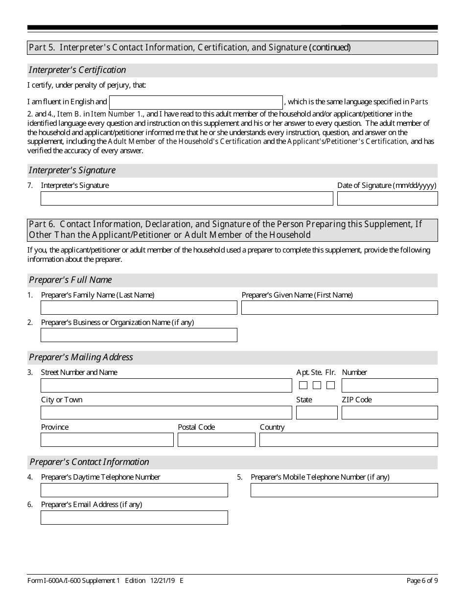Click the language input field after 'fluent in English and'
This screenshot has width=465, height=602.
click(196, 102)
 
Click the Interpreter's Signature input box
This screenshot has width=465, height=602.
click(186, 198)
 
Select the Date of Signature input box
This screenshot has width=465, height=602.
click(387, 198)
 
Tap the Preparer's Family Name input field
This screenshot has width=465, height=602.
click(139, 308)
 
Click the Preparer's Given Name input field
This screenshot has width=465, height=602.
click(339, 308)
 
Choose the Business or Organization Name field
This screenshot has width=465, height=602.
click(139, 335)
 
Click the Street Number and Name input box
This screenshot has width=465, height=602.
click(166, 385)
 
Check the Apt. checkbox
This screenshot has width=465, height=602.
click(303, 385)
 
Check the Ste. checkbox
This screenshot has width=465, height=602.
click(317, 385)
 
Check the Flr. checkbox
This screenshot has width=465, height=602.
click(331, 385)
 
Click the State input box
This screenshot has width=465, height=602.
click(317, 413)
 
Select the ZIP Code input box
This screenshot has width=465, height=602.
click(390, 413)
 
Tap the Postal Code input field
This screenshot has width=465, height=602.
click(216, 440)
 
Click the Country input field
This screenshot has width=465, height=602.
click(349, 440)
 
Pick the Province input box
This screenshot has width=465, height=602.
click(107, 440)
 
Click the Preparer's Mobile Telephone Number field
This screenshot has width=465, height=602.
click(344, 490)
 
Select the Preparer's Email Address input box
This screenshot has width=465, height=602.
click(134, 517)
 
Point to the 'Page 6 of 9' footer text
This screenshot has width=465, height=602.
click(422, 581)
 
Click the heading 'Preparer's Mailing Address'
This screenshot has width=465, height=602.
click(81, 357)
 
